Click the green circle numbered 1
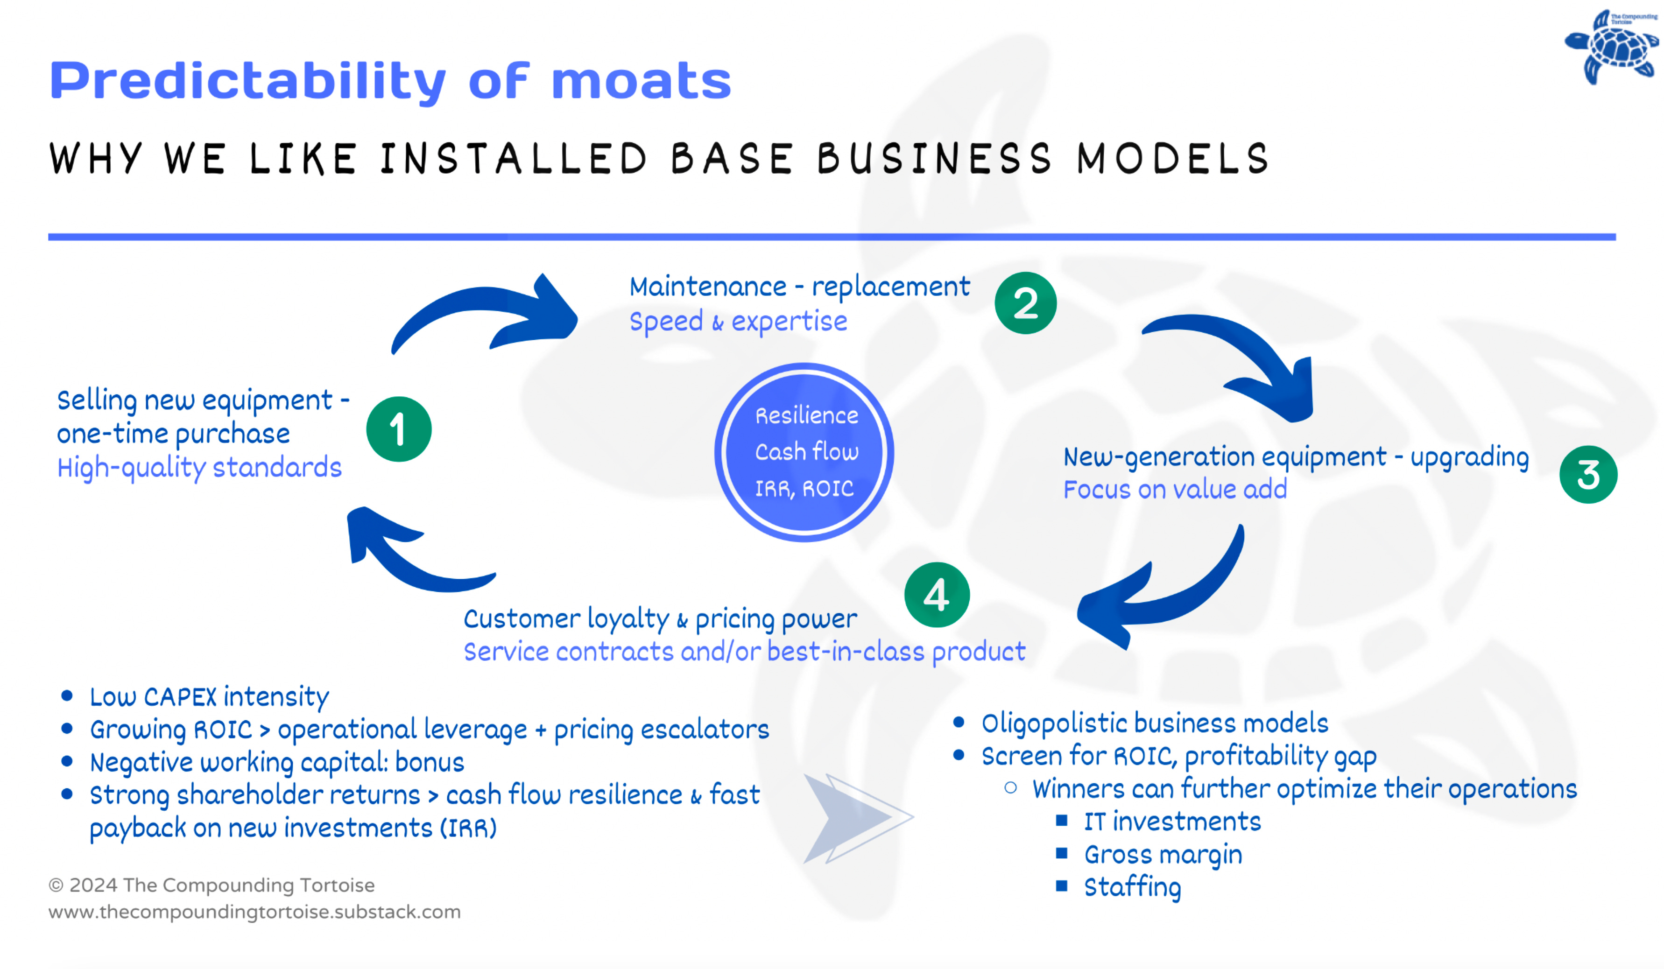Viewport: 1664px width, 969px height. [x=399, y=429]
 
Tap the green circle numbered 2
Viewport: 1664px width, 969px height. [x=1025, y=303]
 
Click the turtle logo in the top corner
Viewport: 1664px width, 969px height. [x=1612, y=46]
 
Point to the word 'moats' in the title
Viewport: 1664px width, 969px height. [x=641, y=81]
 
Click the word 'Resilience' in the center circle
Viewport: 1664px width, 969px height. [x=806, y=416]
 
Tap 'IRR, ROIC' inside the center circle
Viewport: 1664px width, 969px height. [x=804, y=488]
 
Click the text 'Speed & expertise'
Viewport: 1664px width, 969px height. [x=738, y=322]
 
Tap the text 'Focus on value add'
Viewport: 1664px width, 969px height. [x=1175, y=489]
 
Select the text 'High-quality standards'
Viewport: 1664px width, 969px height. [x=199, y=467]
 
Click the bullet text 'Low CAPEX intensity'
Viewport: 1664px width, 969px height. [x=209, y=696]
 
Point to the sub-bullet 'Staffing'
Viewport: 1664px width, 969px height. [x=1133, y=886]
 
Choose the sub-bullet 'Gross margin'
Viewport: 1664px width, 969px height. [x=1163, y=854]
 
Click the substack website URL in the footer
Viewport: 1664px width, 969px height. [x=254, y=912]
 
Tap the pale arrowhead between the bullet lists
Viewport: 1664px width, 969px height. [x=852, y=819]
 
